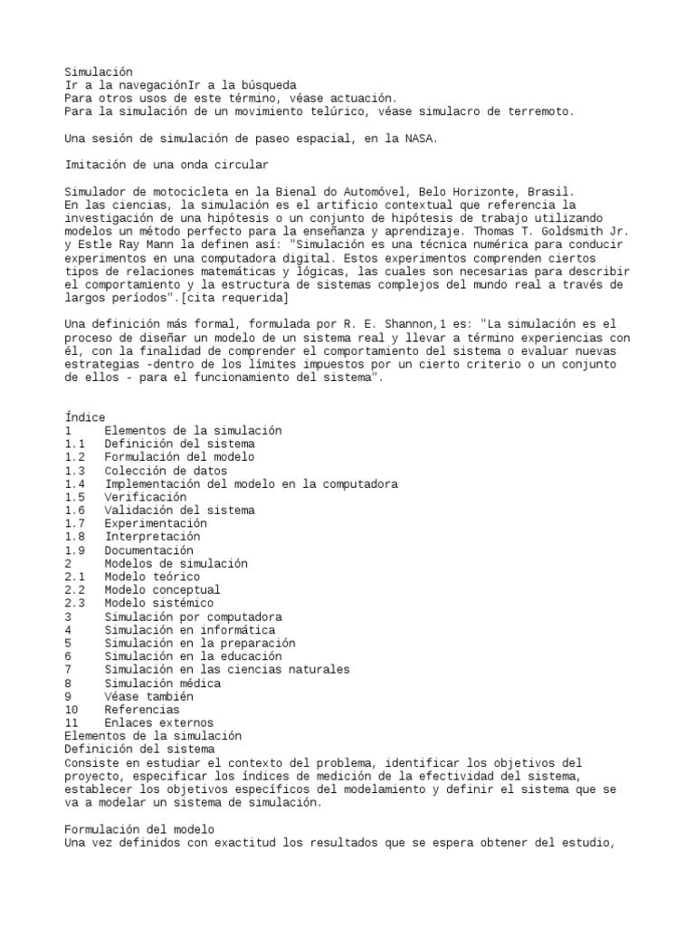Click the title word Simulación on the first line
click(x=99, y=72)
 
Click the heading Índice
click(x=85, y=417)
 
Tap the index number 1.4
click(x=75, y=484)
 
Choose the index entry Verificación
click(x=146, y=497)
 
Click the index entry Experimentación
click(x=156, y=523)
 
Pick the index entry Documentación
click(x=149, y=550)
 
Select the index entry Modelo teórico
click(x=152, y=577)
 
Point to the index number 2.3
click(x=75, y=603)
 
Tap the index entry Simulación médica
click(x=162, y=683)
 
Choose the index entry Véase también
click(x=149, y=697)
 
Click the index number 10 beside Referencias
click(x=72, y=710)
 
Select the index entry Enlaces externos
click(x=159, y=723)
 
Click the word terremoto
click(x=541, y=111)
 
